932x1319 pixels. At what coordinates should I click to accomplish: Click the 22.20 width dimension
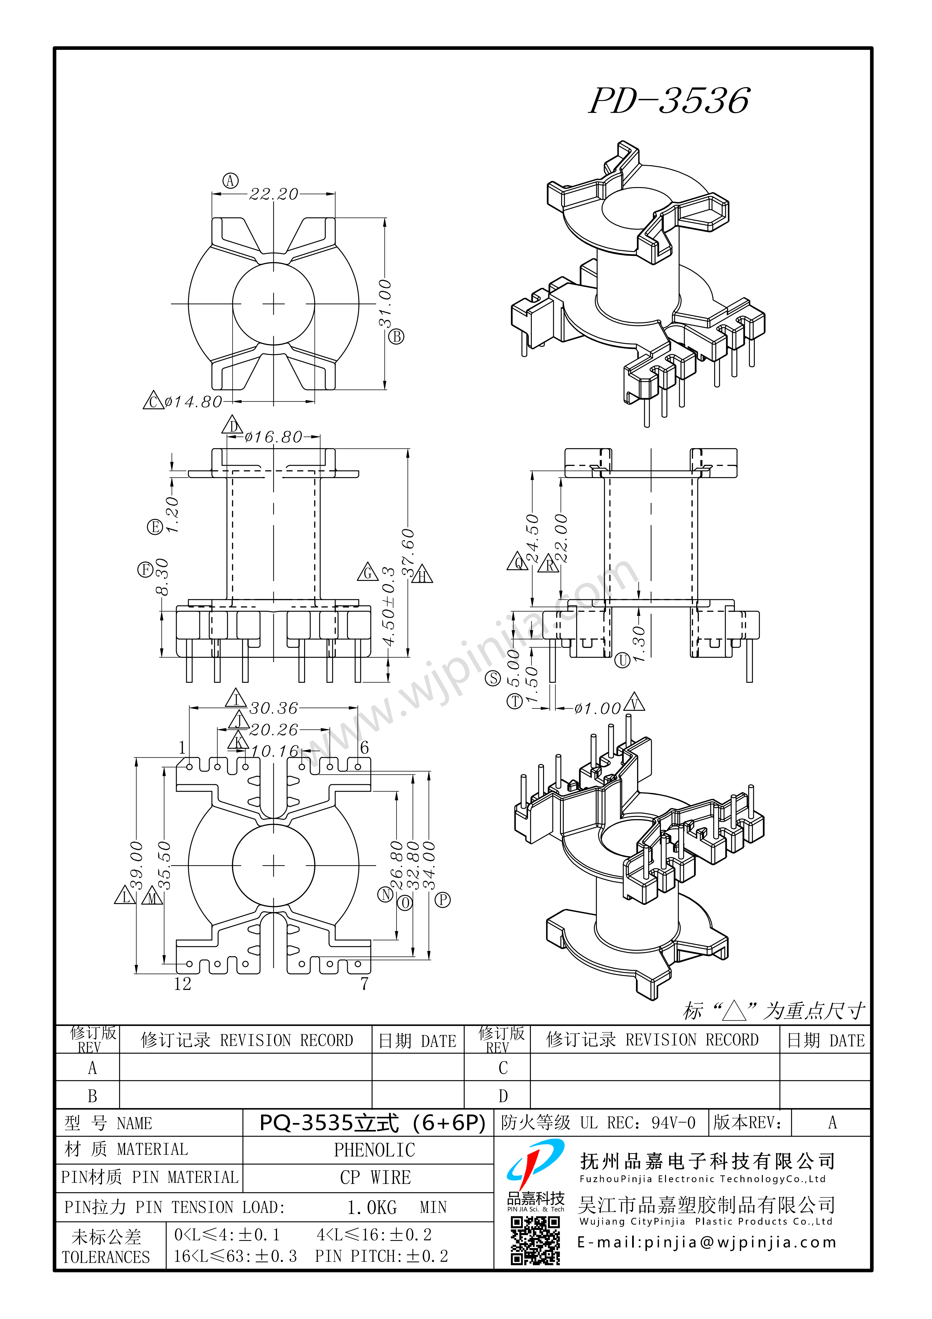(x=274, y=194)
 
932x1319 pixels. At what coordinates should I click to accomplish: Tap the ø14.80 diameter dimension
(x=193, y=402)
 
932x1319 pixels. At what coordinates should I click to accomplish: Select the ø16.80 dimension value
(x=274, y=437)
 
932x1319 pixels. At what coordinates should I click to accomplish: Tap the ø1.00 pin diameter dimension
(x=598, y=708)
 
